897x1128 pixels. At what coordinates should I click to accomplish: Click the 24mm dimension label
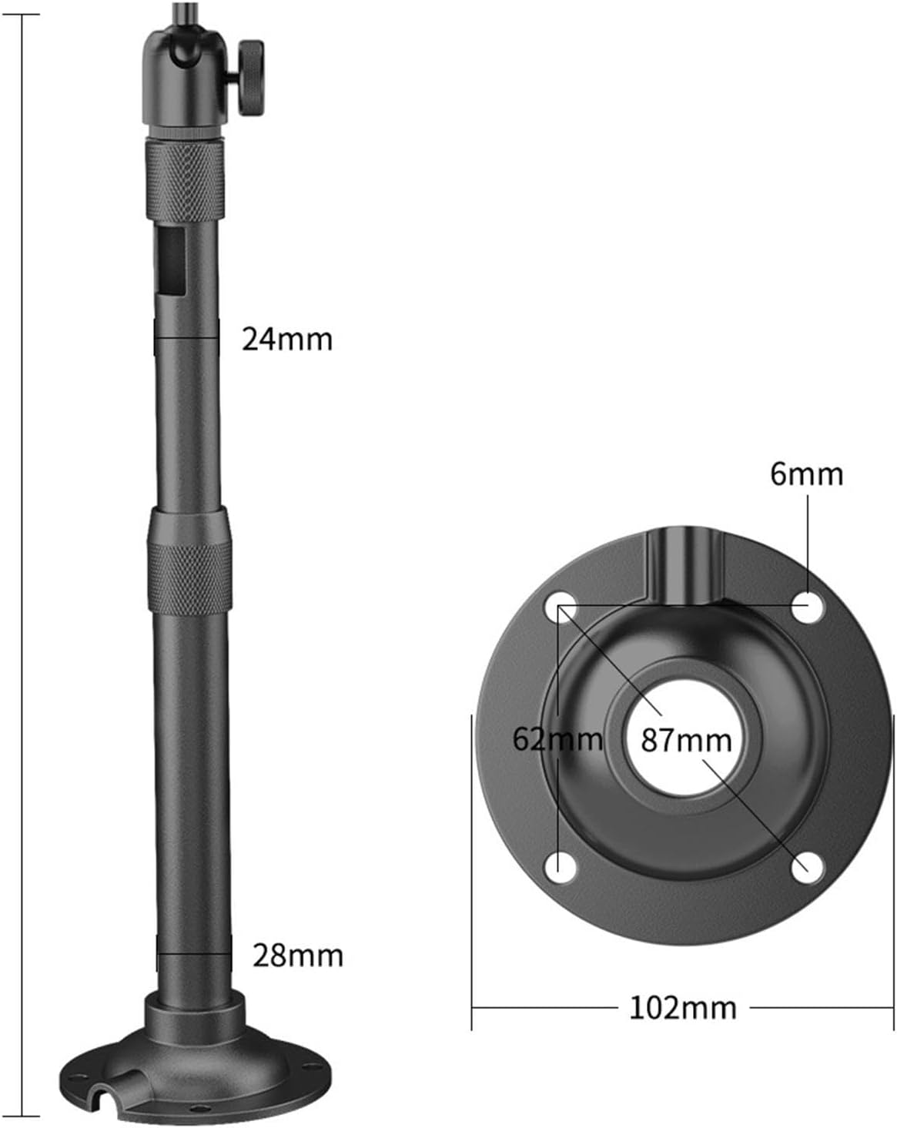(286, 339)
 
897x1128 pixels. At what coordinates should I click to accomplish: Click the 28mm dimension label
(297, 956)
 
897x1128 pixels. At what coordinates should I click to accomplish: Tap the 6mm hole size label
(806, 474)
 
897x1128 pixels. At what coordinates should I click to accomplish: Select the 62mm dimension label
(557, 739)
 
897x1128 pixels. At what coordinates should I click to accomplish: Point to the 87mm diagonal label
(686, 740)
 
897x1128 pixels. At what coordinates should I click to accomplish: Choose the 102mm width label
(683, 1007)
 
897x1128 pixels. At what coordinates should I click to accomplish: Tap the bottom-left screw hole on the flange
(561, 866)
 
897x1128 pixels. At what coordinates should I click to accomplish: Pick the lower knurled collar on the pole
(189, 577)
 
